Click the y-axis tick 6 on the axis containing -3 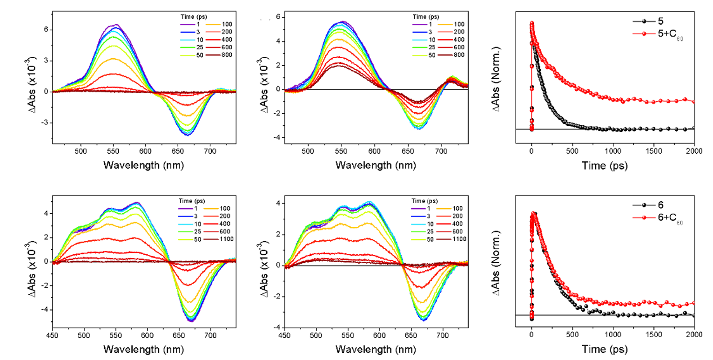pyautogui.click(x=45, y=30)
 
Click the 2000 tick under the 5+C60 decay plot pyautogui.click(x=694, y=150)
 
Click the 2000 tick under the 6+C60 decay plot pyautogui.click(x=694, y=336)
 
